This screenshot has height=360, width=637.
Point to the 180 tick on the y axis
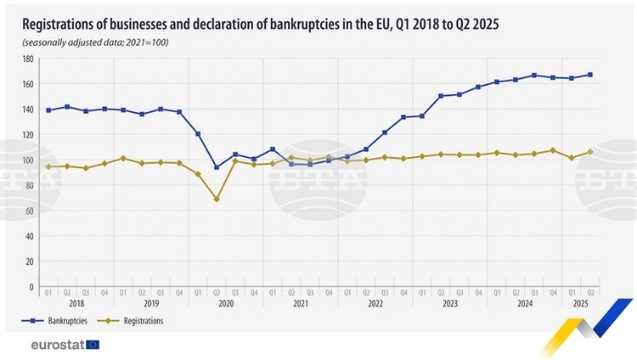(28, 59)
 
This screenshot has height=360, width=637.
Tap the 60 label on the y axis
(30, 211)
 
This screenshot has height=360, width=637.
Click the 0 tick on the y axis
(31, 286)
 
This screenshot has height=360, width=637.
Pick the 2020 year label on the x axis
(225, 303)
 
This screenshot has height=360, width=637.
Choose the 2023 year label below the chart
(449, 303)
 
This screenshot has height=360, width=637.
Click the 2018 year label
(76, 303)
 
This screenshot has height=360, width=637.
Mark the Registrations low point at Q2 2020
(217, 199)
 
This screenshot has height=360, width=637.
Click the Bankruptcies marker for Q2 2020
(217, 167)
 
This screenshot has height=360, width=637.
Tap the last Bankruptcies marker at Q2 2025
(590, 75)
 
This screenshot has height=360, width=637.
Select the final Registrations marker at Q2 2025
(590, 152)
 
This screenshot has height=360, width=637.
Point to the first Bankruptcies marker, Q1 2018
(48, 110)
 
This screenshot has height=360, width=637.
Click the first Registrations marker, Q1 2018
(48, 166)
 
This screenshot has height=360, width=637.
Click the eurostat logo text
(56, 345)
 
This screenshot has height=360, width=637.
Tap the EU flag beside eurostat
(93, 345)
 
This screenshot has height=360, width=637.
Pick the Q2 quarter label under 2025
(590, 292)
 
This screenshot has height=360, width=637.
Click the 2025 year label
(581, 303)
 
